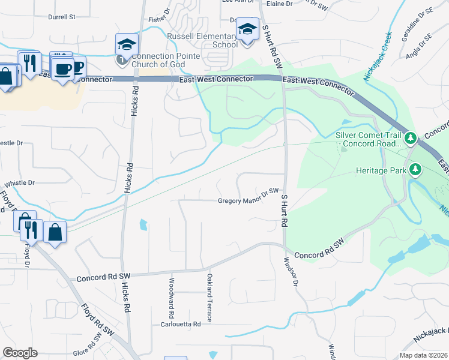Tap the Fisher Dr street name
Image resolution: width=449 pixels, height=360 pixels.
158,20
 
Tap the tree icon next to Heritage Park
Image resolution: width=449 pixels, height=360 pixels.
415,170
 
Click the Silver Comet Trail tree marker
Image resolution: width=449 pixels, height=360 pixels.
411,139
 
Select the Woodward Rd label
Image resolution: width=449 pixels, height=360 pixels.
172,298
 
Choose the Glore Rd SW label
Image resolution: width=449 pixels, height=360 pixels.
86,353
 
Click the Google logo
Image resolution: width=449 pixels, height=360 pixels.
20,353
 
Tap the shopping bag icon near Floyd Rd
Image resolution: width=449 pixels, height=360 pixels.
55,232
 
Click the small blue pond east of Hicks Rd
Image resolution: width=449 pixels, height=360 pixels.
143,225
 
